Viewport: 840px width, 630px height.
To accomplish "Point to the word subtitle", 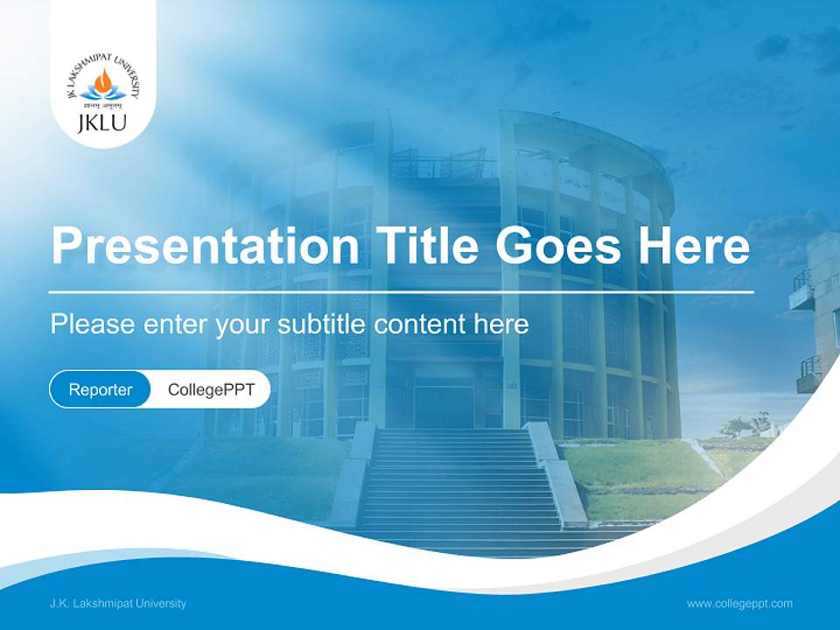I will (x=322, y=325).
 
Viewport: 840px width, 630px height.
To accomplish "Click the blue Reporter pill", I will (x=101, y=389).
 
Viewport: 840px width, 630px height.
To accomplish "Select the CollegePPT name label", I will (x=211, y=389).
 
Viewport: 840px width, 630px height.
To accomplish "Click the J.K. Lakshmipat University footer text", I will (x=118, y=604).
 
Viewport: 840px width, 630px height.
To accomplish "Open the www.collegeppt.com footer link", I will (x=739, y=604).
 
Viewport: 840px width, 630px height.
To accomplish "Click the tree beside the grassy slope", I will (x=737, y=427).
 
